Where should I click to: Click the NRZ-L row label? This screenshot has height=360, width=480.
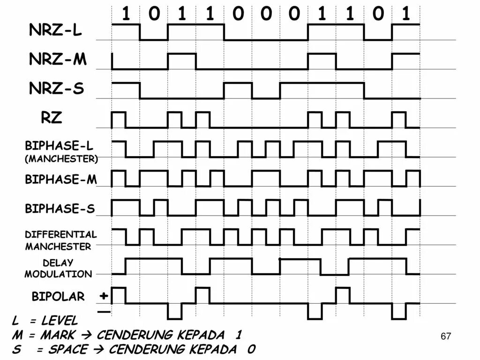[55, 30]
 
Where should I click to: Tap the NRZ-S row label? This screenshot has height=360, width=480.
[56, 89]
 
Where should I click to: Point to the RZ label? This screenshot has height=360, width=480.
[51, 118]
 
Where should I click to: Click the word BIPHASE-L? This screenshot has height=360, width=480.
[59, 146]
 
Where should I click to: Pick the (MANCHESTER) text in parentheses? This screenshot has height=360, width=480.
[61, 158]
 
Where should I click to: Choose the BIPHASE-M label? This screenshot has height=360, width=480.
[60, 179]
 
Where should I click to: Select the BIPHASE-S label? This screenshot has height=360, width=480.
[60, 209]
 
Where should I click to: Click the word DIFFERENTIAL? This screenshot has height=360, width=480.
[60, 234]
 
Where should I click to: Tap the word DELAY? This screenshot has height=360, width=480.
[58, 262]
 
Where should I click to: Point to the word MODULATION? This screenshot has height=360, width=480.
[58, 274]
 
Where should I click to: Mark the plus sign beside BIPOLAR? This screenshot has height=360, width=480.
[104, 296]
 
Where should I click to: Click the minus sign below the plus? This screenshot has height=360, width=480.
[104, 311]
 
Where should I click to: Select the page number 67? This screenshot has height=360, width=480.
[446, 336]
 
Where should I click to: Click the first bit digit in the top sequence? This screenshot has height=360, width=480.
[126, 14]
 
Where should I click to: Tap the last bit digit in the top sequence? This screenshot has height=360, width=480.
[406, 14]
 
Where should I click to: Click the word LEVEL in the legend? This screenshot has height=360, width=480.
[59, 321]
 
